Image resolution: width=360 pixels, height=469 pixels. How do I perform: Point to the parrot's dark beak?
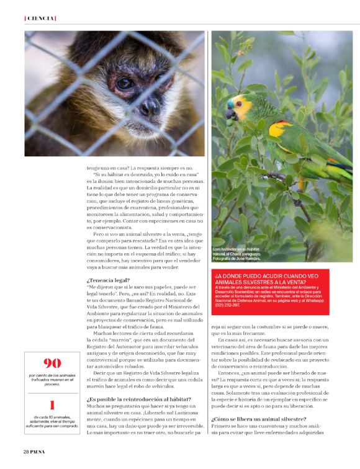tap(231, 114)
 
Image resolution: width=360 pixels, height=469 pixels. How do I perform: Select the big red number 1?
tap(52, 406)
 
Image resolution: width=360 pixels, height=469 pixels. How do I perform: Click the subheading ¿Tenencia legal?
tap(104, 281)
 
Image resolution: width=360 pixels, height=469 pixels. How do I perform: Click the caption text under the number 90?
tap(52, 378)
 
